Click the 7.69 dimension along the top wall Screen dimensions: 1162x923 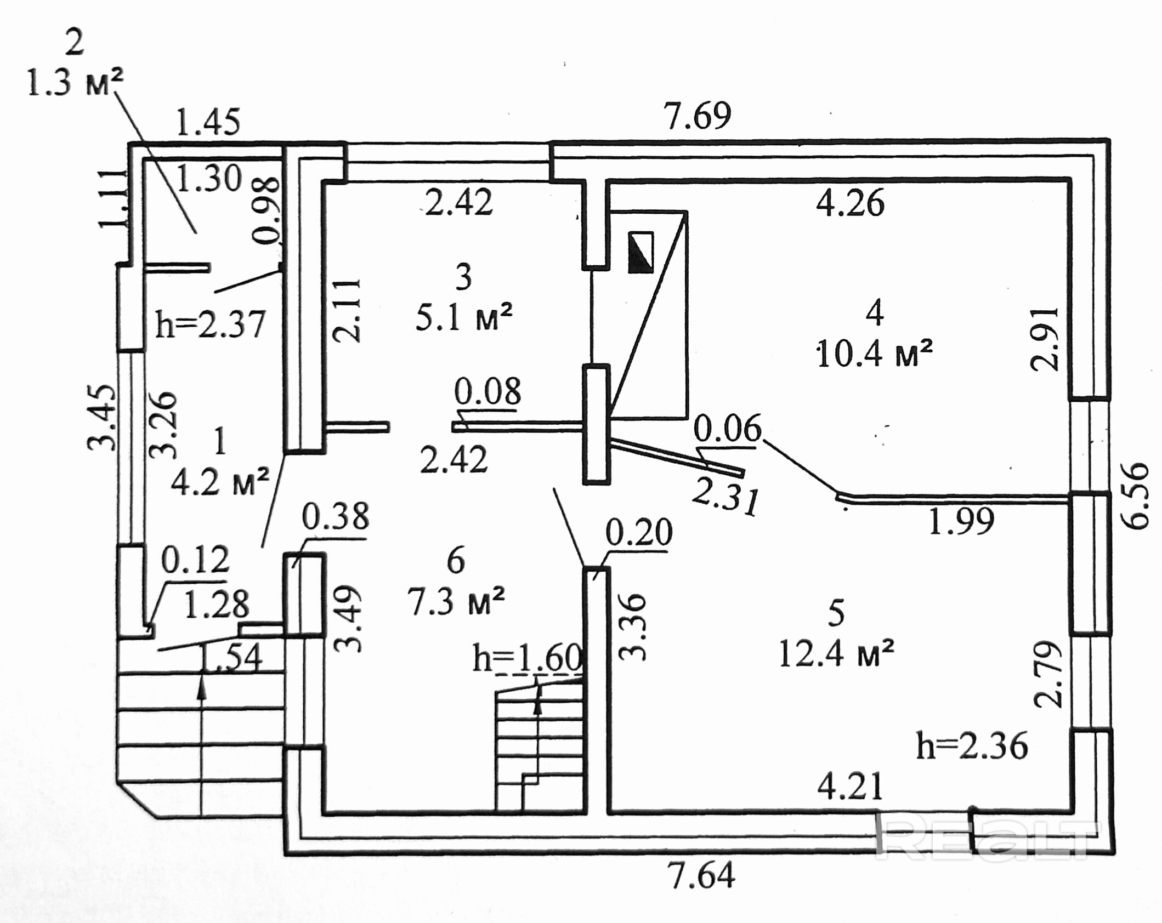pyautogui.click(x=698, y=116)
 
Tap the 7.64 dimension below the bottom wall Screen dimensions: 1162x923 pyautogui.click(x=701, y=875)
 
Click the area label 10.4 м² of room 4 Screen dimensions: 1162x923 pyautogui.click(x=874, y=354)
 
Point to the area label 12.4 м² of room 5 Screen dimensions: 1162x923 pyautogui.click(x=836, y=653)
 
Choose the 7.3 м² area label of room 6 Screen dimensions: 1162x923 pyautogui.click(x=456, y=601)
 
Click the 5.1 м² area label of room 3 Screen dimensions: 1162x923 pyautogui.click(x=464, y=317)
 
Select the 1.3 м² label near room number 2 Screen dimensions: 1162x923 pyautogui.click(x=75, y=83)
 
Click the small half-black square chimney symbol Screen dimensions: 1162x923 pyautogui.click(x=640, y=252)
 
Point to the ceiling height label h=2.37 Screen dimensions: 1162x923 pyautogui.click(x=211, y=324)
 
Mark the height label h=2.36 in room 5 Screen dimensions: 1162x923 pyautogui.click(x=972, y=746)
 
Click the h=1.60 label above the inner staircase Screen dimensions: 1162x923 pyautogui.click(x=527, y=658)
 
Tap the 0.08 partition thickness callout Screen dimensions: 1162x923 pyautogui.click(x=488, y=391)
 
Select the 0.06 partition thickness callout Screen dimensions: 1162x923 pyautogui.click(x=728, y=428)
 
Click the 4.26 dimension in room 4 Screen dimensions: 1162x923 pyautogui.click(x=850, y=203)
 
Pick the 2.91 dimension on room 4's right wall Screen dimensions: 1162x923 pyautogui.click(x=1045, y=339)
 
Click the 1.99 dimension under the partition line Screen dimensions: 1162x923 pyautogui.click(x=961, y=521)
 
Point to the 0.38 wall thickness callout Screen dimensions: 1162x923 pyautogui.click(x=336, y=516)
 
